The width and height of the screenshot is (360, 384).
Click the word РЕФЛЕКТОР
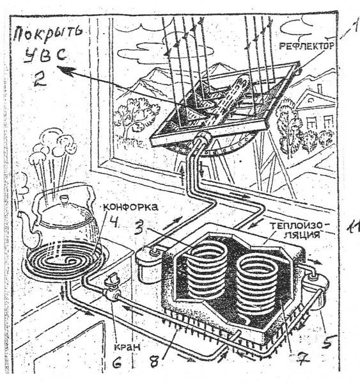(x=306, y=46)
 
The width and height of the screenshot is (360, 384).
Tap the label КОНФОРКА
(x=130, y=207)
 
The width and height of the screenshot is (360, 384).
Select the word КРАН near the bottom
(x=127, y=347)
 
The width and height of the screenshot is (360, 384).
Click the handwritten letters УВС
(x=46, y=54)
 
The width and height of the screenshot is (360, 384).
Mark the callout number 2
(x=40, y=79)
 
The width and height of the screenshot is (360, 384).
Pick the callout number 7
(x=301, y=357)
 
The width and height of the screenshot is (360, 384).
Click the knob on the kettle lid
(x=65, y=198)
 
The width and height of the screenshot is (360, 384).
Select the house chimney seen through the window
(x=320, y=89)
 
